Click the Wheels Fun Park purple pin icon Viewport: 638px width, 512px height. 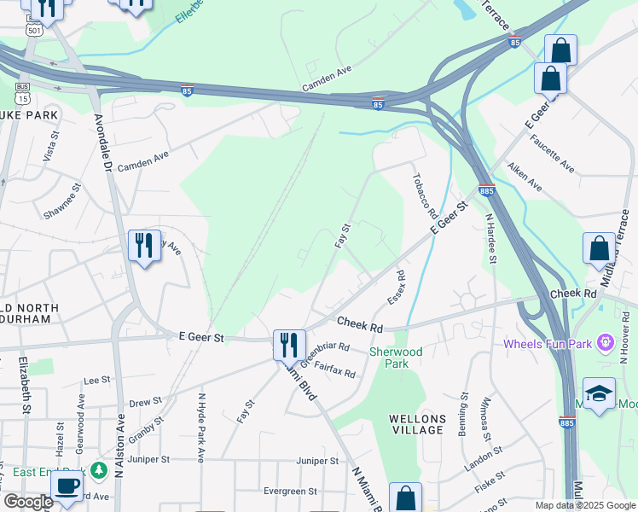[x=606, y=344]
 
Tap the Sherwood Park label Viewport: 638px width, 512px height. [x=396, y=358]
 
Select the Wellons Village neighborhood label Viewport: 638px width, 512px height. [x=417, y=424]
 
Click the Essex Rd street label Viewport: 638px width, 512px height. [x=396, y=288]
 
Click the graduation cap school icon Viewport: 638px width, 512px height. [x=600, y=393]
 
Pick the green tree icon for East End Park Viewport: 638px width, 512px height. [x=99, y=470]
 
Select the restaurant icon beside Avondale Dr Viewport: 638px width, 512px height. [x=142, y=246]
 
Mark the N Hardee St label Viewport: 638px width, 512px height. [x=491, y=239]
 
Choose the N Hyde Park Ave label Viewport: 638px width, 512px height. [x=201, y=427]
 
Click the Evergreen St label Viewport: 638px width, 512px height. [x=290, y=492]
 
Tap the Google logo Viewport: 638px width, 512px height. [x=28, y=502]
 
